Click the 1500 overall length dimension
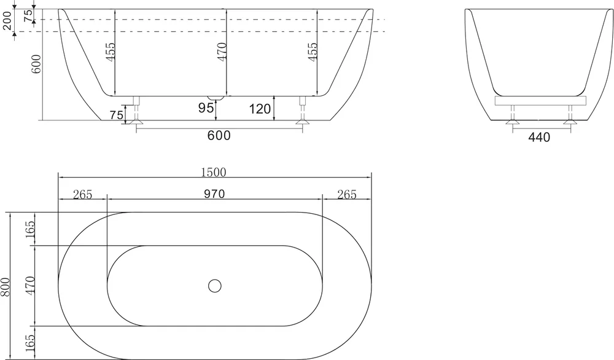[x=214, y=173]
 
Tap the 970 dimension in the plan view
[x=214, y=194]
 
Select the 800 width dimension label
[x=5, y=287]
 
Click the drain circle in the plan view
[x=214, y=286]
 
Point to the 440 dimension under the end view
[x=539, y=137]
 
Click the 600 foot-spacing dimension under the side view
[x=219, y=136]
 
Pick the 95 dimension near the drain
[x=206, y=108]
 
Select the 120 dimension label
[x=260, y=109]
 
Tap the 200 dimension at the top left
[x=7, y=20]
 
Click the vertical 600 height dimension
[x=36, y=63]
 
